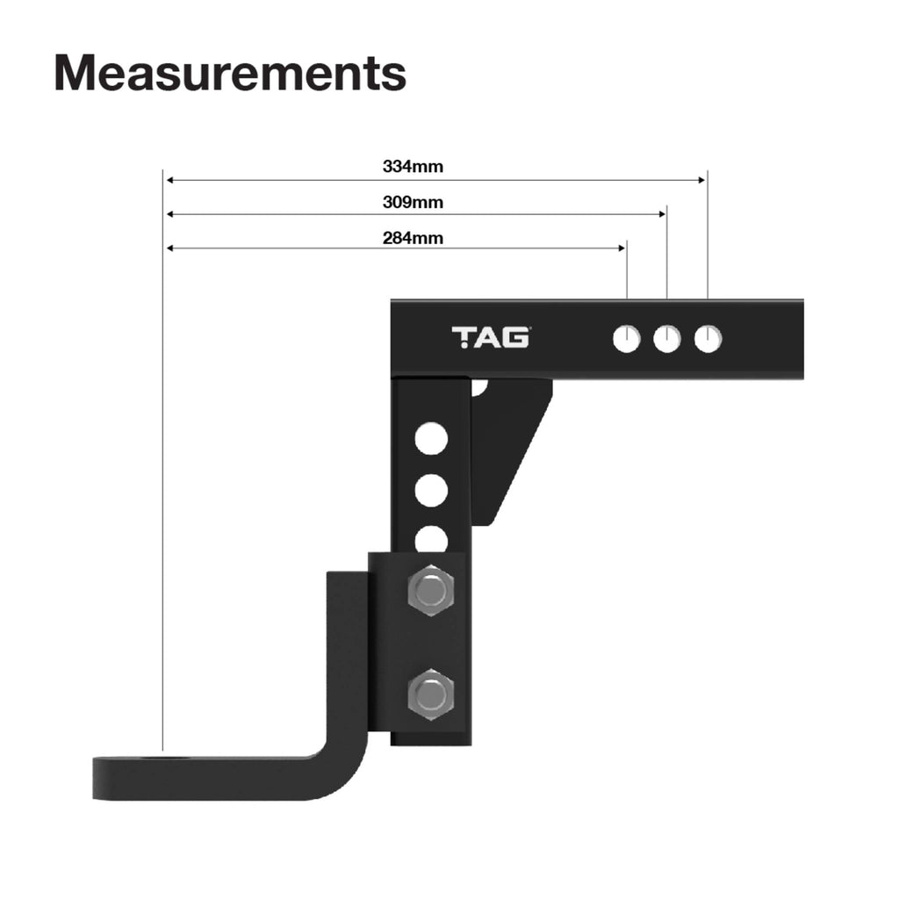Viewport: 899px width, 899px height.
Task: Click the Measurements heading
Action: pyautogui.click(x=230, y=73)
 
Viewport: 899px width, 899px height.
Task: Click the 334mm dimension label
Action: pyautogui.click(x=413, y=166)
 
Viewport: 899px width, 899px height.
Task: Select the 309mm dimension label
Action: pyautogui.click(x=413, y=203)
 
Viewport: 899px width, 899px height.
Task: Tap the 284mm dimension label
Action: pyautogui.click(x=413, y=238)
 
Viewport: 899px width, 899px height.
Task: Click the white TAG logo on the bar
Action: pyautogui.click(x=490, y=337)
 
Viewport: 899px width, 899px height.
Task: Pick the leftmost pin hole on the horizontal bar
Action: pyautogui.click(x=627, y=338)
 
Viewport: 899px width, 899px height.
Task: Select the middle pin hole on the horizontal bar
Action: pyautogui.click(x=667, y=338)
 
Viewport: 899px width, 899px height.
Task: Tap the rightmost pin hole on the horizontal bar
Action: pyautogui.click(x=708, y=338)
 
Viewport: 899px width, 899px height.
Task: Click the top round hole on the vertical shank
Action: pyautogui.click(x=431, y=438)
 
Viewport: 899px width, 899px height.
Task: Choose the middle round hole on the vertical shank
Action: pyautogui.click(x=431, y=490)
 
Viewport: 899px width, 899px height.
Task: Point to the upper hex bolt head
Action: pyautogui.click(x=431, y=591)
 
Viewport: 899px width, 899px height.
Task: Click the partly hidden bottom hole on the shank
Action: pyautogui.click(x=431, y=538)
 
